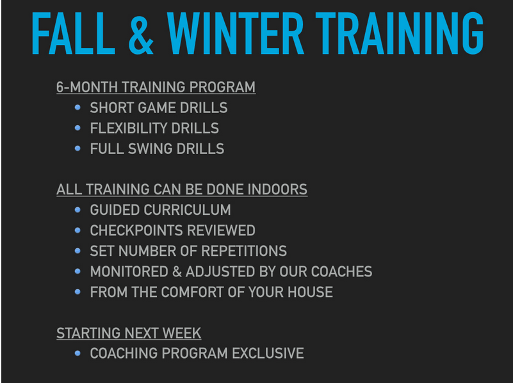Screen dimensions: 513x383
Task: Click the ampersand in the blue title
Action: pos(141,33)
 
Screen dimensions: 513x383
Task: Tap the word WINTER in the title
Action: pos(236,33)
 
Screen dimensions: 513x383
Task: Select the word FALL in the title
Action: pos(73,33)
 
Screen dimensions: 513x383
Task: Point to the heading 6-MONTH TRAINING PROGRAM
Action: pos(156,87)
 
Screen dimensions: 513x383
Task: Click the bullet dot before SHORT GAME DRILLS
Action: pos(77,108)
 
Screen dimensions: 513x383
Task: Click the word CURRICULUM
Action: pos(192,210)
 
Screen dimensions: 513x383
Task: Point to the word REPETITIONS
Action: pos(244,251)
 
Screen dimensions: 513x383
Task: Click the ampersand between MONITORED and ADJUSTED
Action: pos(177,271)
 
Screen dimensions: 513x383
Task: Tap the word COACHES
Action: pos(341,271)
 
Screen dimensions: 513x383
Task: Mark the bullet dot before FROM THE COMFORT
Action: pos(77,292)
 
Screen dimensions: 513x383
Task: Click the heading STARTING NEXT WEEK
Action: pos(129,333)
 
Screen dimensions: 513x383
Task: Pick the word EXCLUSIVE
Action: pos(268,353)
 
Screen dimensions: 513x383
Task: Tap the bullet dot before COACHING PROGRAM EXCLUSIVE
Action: pos(77,353)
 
